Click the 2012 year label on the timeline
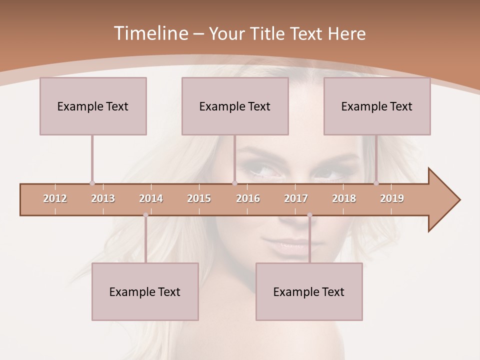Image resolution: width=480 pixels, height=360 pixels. pyautogui.click(x=55, y=198)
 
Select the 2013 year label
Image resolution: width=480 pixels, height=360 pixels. pyautogui.click(x=103, y=198)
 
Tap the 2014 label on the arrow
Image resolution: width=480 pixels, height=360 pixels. pyautogui.click(x=151, y=198)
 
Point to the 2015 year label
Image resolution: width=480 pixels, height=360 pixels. pyautogui.click(x=199, y=198)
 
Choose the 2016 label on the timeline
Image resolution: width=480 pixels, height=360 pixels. pyautogui.click(x=248, y=198)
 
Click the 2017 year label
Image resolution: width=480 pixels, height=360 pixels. pyautogui.click(x=296, y=198)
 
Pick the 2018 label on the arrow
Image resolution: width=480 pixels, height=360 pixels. pyautogui.click(x=344, y=198)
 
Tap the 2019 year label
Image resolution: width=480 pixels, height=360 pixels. pyautogui.click(x=392, y=198)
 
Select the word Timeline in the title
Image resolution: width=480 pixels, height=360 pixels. pyautogui.click(x=150, y=33)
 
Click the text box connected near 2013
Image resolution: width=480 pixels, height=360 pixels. pyautogui.click(x=93, y=106)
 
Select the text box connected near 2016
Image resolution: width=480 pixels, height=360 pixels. pyautogui.click(x=235, y=106)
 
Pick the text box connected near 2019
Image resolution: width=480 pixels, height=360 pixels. pyautogui.click(x=377, y=106)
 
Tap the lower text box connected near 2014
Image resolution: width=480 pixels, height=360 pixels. pyautogui.click(x=145, y=291)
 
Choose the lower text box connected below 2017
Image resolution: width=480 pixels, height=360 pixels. pyautogui.click(x=309, y=291)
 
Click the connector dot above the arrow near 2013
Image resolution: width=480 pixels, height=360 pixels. pyautogui.click(x=92, y=183)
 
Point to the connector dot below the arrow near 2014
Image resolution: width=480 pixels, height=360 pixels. pyautogui.click(x=145, y=215)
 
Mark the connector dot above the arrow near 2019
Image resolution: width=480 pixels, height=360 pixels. pyautogui.click(x=376, y=183)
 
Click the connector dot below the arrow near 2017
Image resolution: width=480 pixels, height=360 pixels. pyautogui.click(x=309, y=215)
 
